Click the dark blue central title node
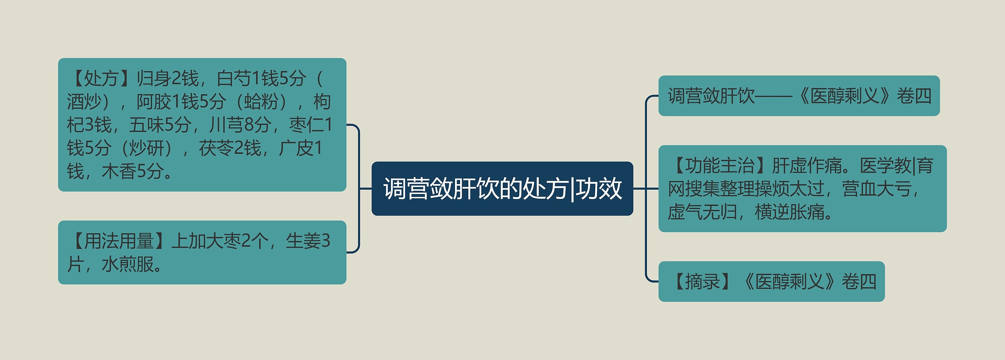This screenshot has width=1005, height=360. (502, 188)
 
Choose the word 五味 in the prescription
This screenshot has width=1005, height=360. (146, 125)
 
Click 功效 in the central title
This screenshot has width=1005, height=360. (599, 188)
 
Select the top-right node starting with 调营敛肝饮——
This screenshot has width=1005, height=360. (799, 96)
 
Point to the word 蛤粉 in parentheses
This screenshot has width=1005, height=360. (261, 102)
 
